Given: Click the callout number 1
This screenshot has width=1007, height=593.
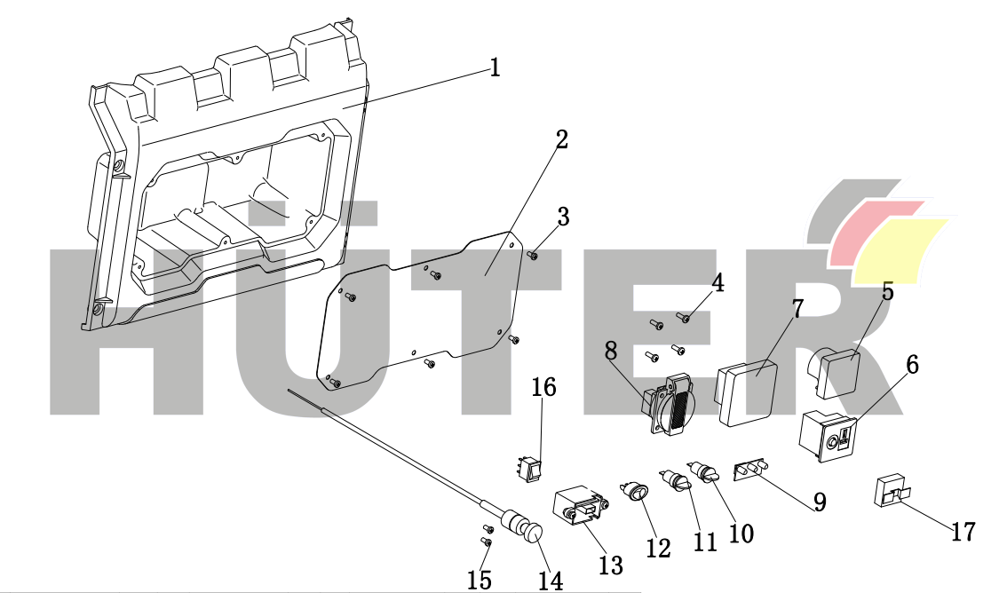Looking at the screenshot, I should point(494,67).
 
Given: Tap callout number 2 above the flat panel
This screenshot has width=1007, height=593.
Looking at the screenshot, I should point(561,139).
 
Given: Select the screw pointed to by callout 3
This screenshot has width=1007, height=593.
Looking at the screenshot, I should point(534,256).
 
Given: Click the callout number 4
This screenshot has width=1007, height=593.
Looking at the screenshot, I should point(717,283).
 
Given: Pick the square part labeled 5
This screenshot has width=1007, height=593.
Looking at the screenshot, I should point(836,371).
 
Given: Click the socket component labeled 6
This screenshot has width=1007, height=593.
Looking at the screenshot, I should point(829,437).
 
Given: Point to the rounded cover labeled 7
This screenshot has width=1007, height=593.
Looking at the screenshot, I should point(747,392).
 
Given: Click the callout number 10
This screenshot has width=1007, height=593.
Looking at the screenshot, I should point(741,534).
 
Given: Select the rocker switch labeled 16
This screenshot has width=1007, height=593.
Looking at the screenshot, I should point(532,469).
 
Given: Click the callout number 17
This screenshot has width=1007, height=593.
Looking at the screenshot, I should point(963,533).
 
